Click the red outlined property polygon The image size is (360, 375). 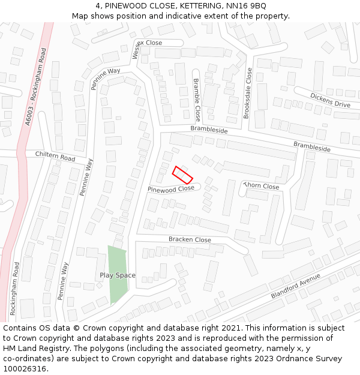(x=182, y=175)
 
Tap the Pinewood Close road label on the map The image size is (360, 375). (x=171, y=189)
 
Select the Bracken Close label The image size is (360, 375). (x=190, y=240)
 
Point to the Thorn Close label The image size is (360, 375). (x=263, y=187)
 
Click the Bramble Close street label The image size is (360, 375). (x=197, y=100)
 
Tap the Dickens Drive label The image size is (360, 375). (x=330, y=100)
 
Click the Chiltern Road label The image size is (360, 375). (x=55, y=156)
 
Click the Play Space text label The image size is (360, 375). (x=118, y=275)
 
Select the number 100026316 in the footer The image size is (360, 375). (x=24, y=368)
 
